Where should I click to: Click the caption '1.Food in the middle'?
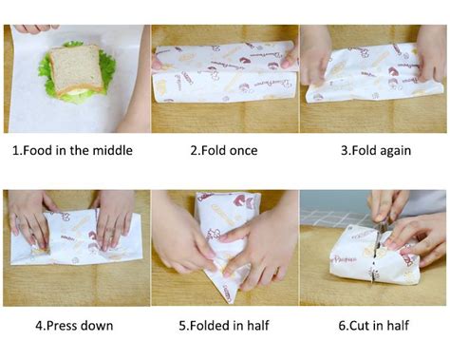click(x=72, y=150)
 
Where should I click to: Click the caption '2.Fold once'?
click(x=224, y=150)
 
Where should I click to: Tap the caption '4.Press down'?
click(x=74, y=326)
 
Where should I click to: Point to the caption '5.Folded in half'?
click(x=224, y=326)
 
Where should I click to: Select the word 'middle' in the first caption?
click(x=112, y=150)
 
